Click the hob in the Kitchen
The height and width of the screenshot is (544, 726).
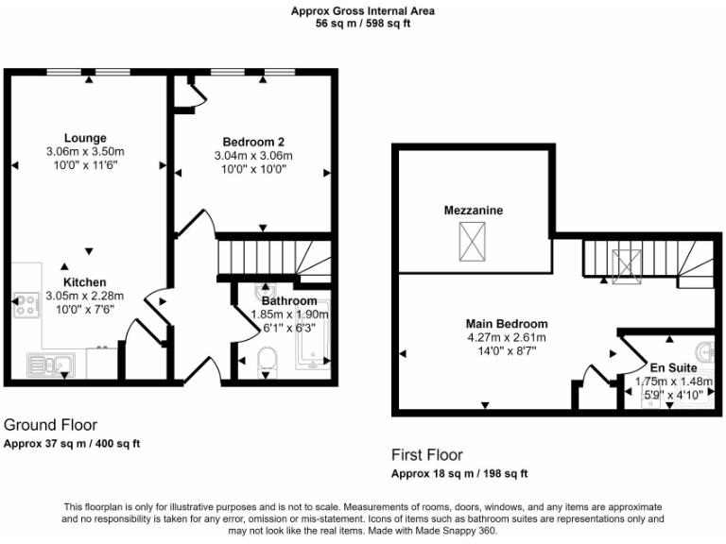[23, 304]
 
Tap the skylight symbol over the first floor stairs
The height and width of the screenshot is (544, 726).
[625, 264]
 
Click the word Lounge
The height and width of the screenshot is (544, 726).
[85, 138]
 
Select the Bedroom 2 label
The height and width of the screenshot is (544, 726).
[253, 143]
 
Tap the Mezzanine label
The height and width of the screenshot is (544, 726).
[474, 210]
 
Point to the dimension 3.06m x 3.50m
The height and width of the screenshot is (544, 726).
[85, 151]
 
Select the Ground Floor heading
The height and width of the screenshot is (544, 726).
[51, 425]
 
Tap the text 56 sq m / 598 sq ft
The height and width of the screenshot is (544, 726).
[363, 24]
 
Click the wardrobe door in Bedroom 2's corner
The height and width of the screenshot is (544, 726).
[193, 94]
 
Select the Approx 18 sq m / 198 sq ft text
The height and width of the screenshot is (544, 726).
[459, 473]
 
